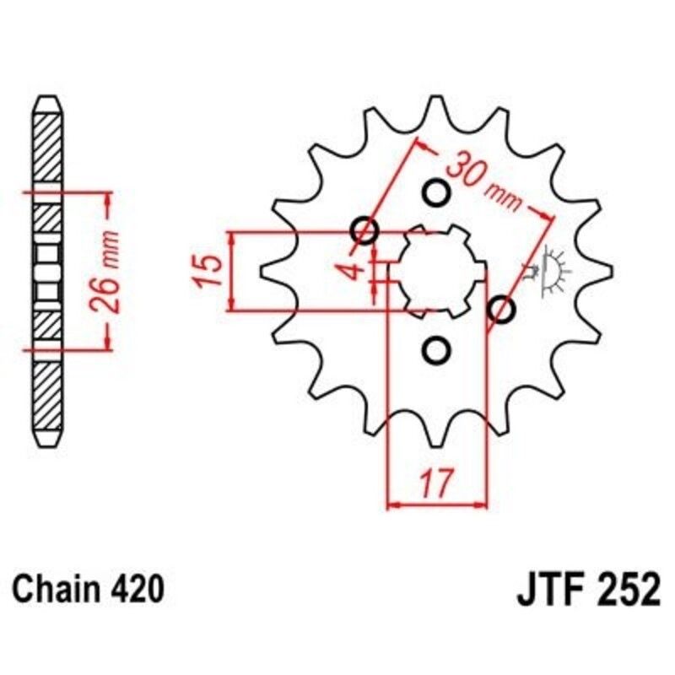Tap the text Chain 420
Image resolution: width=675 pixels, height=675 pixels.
88,589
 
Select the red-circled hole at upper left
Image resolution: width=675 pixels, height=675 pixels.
364,229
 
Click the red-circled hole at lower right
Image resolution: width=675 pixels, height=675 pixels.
501,310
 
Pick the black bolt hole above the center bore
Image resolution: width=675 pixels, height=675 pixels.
436,194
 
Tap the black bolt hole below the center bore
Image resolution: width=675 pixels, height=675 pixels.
436,348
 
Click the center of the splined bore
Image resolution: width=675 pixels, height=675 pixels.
436,271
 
